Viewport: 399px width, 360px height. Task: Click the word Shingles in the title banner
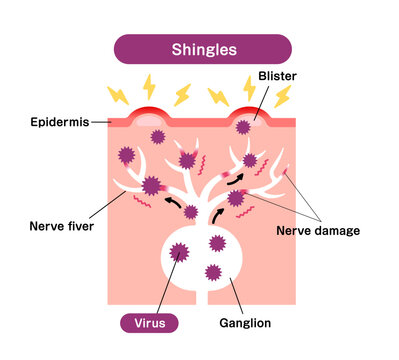coord(203,49)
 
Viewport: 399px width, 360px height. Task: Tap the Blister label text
coord(277,76)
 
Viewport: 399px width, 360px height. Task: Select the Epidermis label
coord(58,122)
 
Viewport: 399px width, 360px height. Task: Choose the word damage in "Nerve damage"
coord(337,231)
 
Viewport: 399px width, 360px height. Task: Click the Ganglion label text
coord(245,323)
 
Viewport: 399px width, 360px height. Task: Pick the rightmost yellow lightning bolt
coord(283,96)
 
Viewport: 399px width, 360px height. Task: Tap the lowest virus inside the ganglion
coord(213,271)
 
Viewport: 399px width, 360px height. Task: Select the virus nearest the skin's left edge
coord(126,155)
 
